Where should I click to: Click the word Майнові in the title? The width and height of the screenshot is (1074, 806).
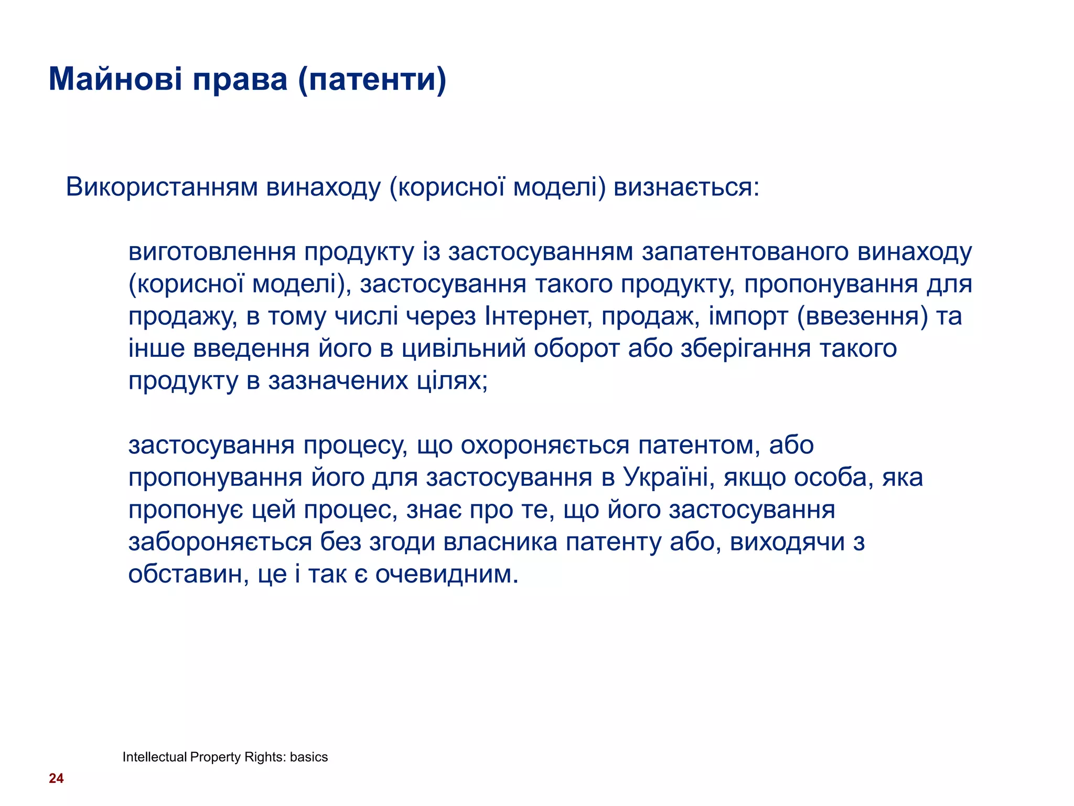(115, 80)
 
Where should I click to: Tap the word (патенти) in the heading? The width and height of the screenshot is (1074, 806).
(372, 80)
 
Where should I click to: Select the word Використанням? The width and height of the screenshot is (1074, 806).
(162, 187)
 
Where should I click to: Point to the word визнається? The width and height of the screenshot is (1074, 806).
(686, 187)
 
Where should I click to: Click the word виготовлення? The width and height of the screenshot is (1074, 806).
(212, 252)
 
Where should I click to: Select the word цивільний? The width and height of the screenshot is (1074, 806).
(464, 349)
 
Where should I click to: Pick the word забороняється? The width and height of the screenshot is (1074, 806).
(220, 543)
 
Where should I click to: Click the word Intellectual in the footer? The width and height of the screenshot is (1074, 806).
(154, 757)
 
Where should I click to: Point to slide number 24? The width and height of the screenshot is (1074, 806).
(56, 779)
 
